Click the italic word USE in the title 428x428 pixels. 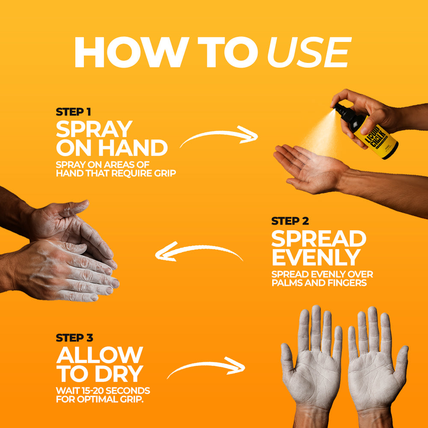point(309,52)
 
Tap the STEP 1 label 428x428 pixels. point(73,112)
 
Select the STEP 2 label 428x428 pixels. point(290,221)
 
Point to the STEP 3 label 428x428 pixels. point(74,338)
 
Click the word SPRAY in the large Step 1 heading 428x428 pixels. point(94,129)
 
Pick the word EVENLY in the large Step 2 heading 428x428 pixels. point(316,257)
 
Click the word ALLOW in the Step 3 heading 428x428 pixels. point(100,355)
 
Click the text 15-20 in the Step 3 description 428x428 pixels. point(94,391)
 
